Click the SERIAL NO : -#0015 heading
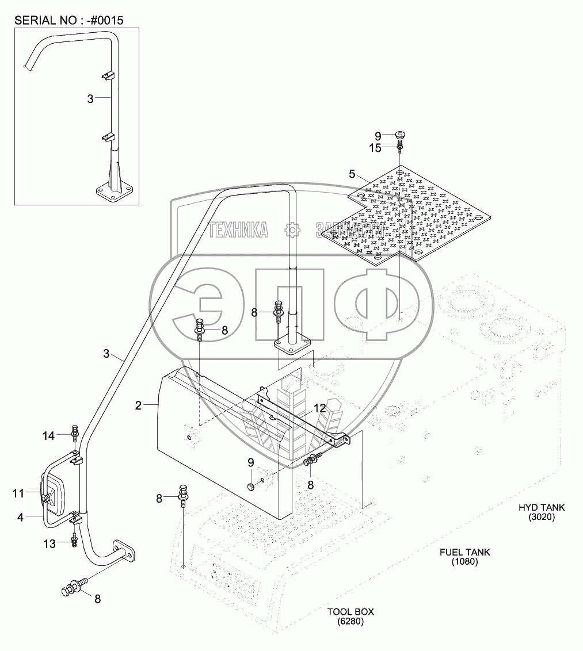69,20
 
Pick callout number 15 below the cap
376,148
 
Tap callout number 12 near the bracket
320,409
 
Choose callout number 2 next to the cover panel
138,405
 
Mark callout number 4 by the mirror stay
20,517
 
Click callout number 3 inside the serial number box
90,99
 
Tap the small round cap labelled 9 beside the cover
251,487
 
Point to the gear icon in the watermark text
292,231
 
